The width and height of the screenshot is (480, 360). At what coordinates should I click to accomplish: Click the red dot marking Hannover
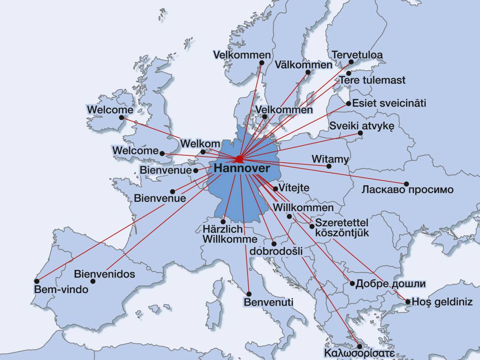pos(239,159)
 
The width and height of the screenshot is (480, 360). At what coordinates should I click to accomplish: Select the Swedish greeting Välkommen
pos(303,65)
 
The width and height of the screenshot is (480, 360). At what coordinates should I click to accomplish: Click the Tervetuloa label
pos(357,55)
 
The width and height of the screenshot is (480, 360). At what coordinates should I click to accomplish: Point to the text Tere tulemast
pos(372,80)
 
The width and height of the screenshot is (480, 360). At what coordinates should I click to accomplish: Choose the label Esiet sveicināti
pos(389,103)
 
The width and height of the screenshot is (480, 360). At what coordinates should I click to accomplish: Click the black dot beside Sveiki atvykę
pos(360,133)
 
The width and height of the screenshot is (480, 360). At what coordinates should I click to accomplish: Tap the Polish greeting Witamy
pos(330,159)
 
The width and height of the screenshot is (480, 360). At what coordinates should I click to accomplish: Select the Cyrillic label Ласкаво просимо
pos(407,190)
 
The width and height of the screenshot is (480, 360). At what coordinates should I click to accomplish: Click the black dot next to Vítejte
pos(276,189)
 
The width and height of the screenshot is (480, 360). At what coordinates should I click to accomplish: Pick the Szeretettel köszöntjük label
pos(341,228)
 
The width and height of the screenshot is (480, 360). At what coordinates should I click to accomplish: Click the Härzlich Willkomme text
pos(224,234)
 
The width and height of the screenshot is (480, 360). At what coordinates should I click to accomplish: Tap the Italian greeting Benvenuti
pos(268,302)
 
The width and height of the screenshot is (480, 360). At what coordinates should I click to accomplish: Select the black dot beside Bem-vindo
pos(36,280)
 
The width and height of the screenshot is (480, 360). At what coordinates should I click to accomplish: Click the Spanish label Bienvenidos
pos(104,274)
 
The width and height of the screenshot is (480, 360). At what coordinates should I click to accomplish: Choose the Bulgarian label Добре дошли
pos(390,284)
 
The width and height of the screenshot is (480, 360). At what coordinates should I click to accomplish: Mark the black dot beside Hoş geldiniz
pos(408,302)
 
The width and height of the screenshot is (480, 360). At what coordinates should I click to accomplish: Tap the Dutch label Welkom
pos(200,143)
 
